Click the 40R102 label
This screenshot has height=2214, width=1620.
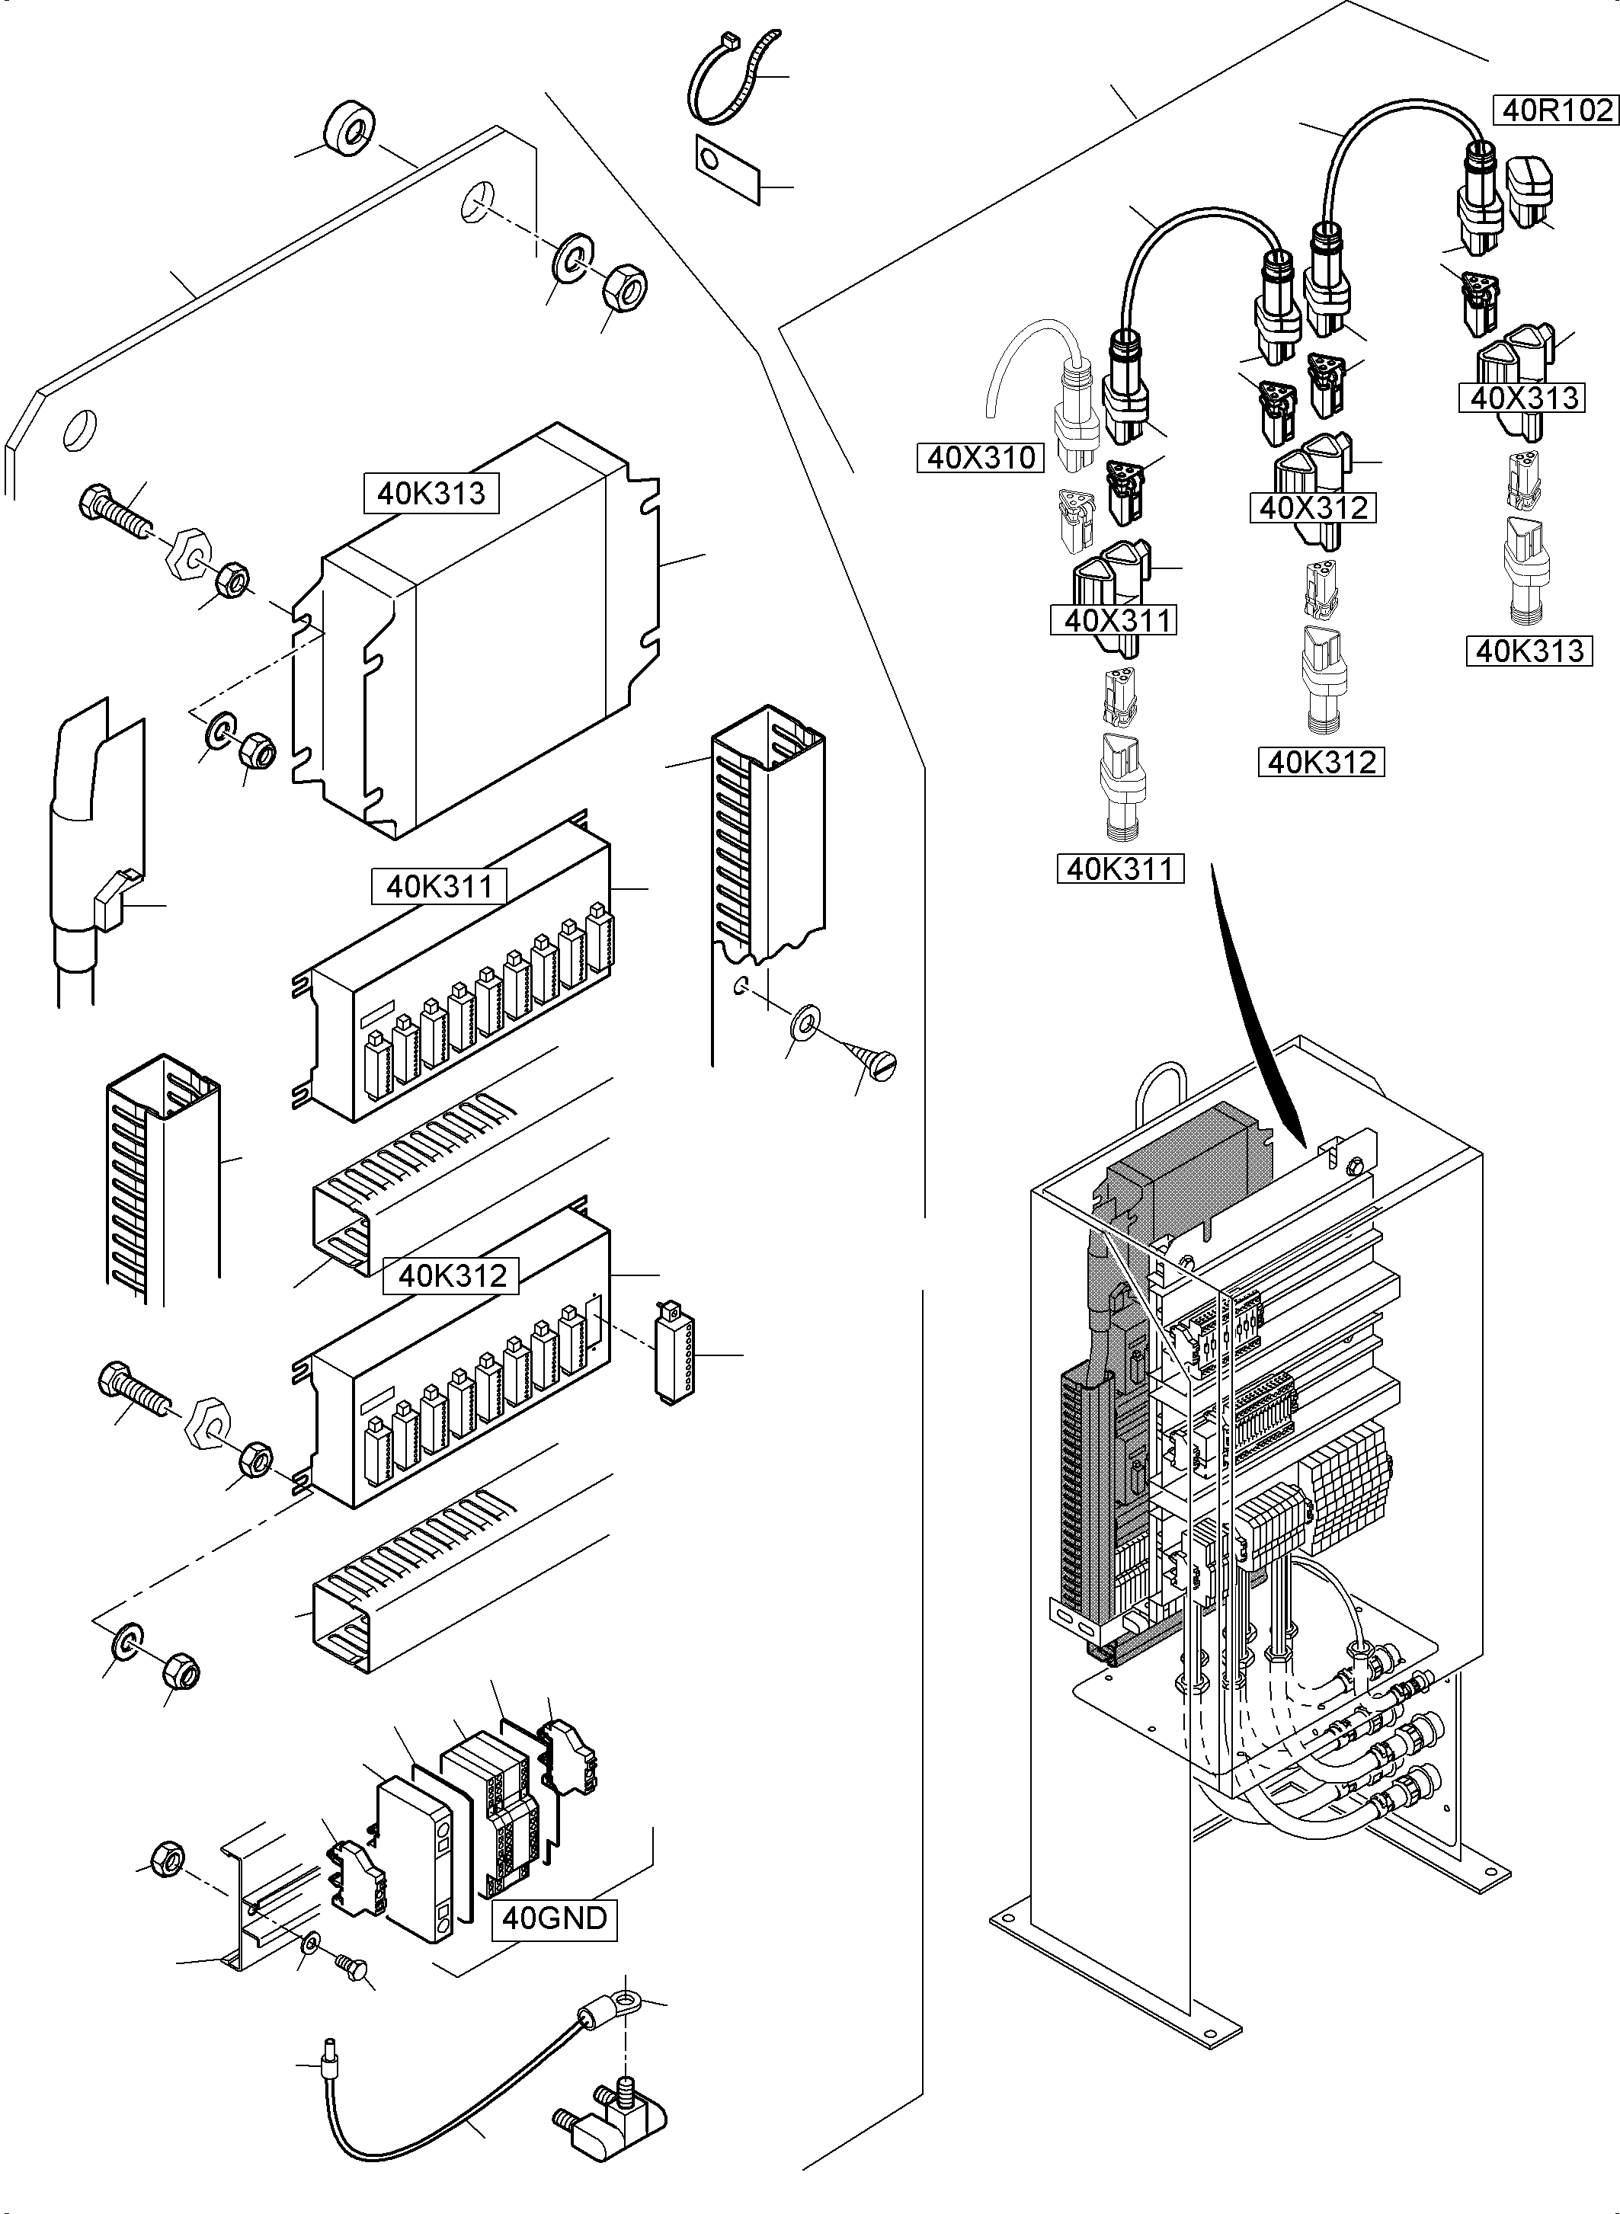pos(1555,110)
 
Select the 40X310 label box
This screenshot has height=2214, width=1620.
pos(981,457)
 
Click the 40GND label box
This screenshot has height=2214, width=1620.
pos(554,1918)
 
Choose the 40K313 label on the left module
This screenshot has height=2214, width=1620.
pos(431,493)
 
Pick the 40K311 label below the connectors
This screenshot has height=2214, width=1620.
pos(1120,869)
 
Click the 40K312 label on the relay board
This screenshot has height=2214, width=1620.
pos(452,1275)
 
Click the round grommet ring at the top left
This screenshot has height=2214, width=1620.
pos(347,129)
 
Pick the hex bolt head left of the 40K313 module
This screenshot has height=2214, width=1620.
pos(95,503)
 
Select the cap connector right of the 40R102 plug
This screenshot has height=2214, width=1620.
pos(1531,192)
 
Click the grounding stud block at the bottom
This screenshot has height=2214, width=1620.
pos(613,2123)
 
